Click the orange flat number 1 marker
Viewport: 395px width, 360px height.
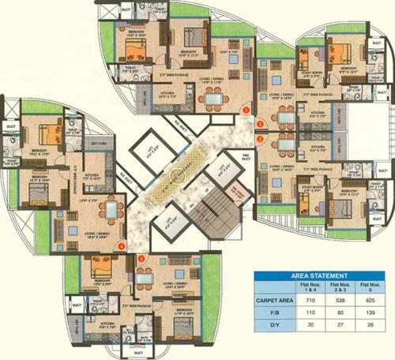coord(246,109)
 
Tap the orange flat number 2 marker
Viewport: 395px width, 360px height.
coord(259,124)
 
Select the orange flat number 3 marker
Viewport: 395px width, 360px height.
coord(260,137)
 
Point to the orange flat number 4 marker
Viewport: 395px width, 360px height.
coord(122,246)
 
